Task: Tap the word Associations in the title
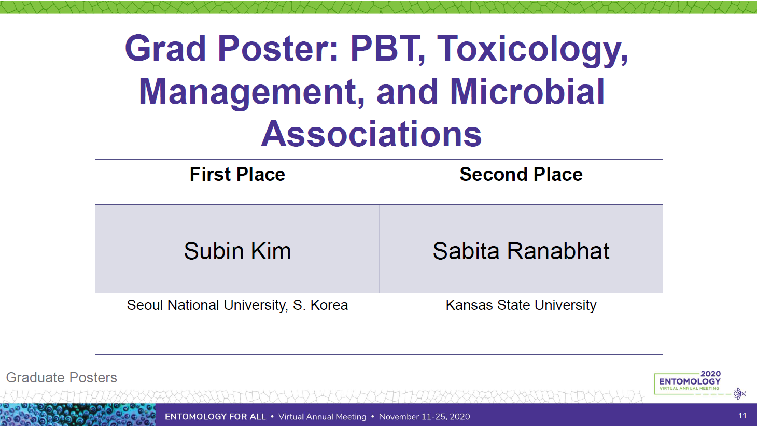coord(371,134)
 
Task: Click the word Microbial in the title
coord(527,91)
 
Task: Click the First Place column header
coord(237,174)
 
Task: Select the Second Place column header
coord(521,174)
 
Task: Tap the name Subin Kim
coord(237,251)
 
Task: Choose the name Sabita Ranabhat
coord(521,251)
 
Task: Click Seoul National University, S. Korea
coord(237,305)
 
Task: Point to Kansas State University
coord(521,305)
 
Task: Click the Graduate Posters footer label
coord(62,378)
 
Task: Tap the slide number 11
coord(742,416)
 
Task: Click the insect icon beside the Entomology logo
coord(739,393)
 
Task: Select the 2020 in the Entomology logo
coord(711,374)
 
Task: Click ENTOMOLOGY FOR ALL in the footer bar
coord(215,417)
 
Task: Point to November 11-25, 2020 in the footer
coord(425,417)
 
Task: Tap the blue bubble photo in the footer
coord(78,415)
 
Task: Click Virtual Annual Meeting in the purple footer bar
coord(323,417)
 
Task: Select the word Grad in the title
coord(165,49)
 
